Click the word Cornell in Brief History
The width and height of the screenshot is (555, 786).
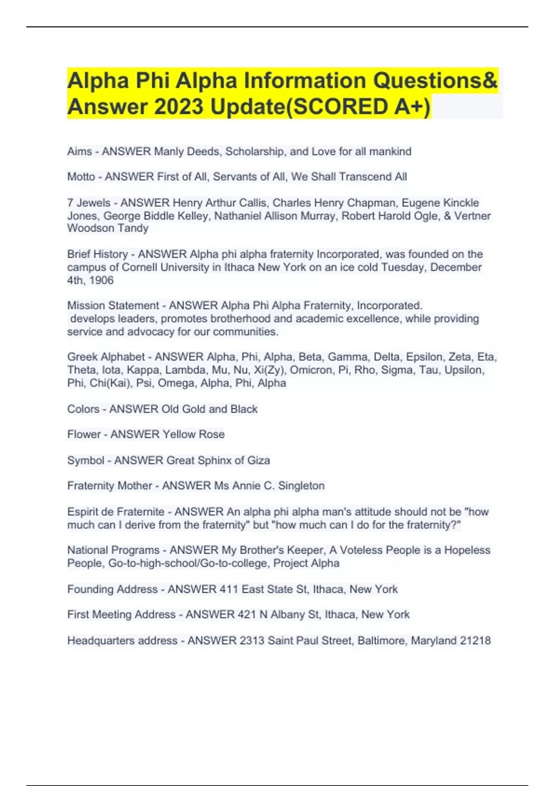click(x=141, y=267)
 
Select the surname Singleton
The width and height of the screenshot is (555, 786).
click(x=301, y=486)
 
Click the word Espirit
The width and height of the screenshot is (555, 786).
click(x=84, y=512)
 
